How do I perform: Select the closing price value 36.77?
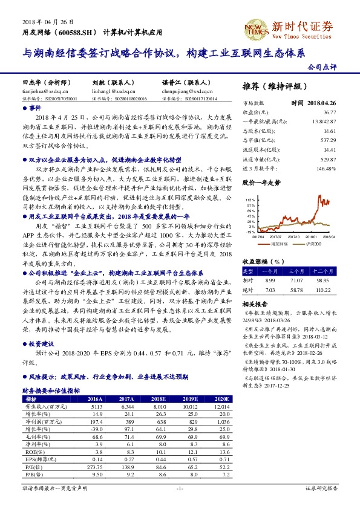[x=329, y=112]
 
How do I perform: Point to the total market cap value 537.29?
[x=329, y=140]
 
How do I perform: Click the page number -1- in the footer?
[x=179, y=488]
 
